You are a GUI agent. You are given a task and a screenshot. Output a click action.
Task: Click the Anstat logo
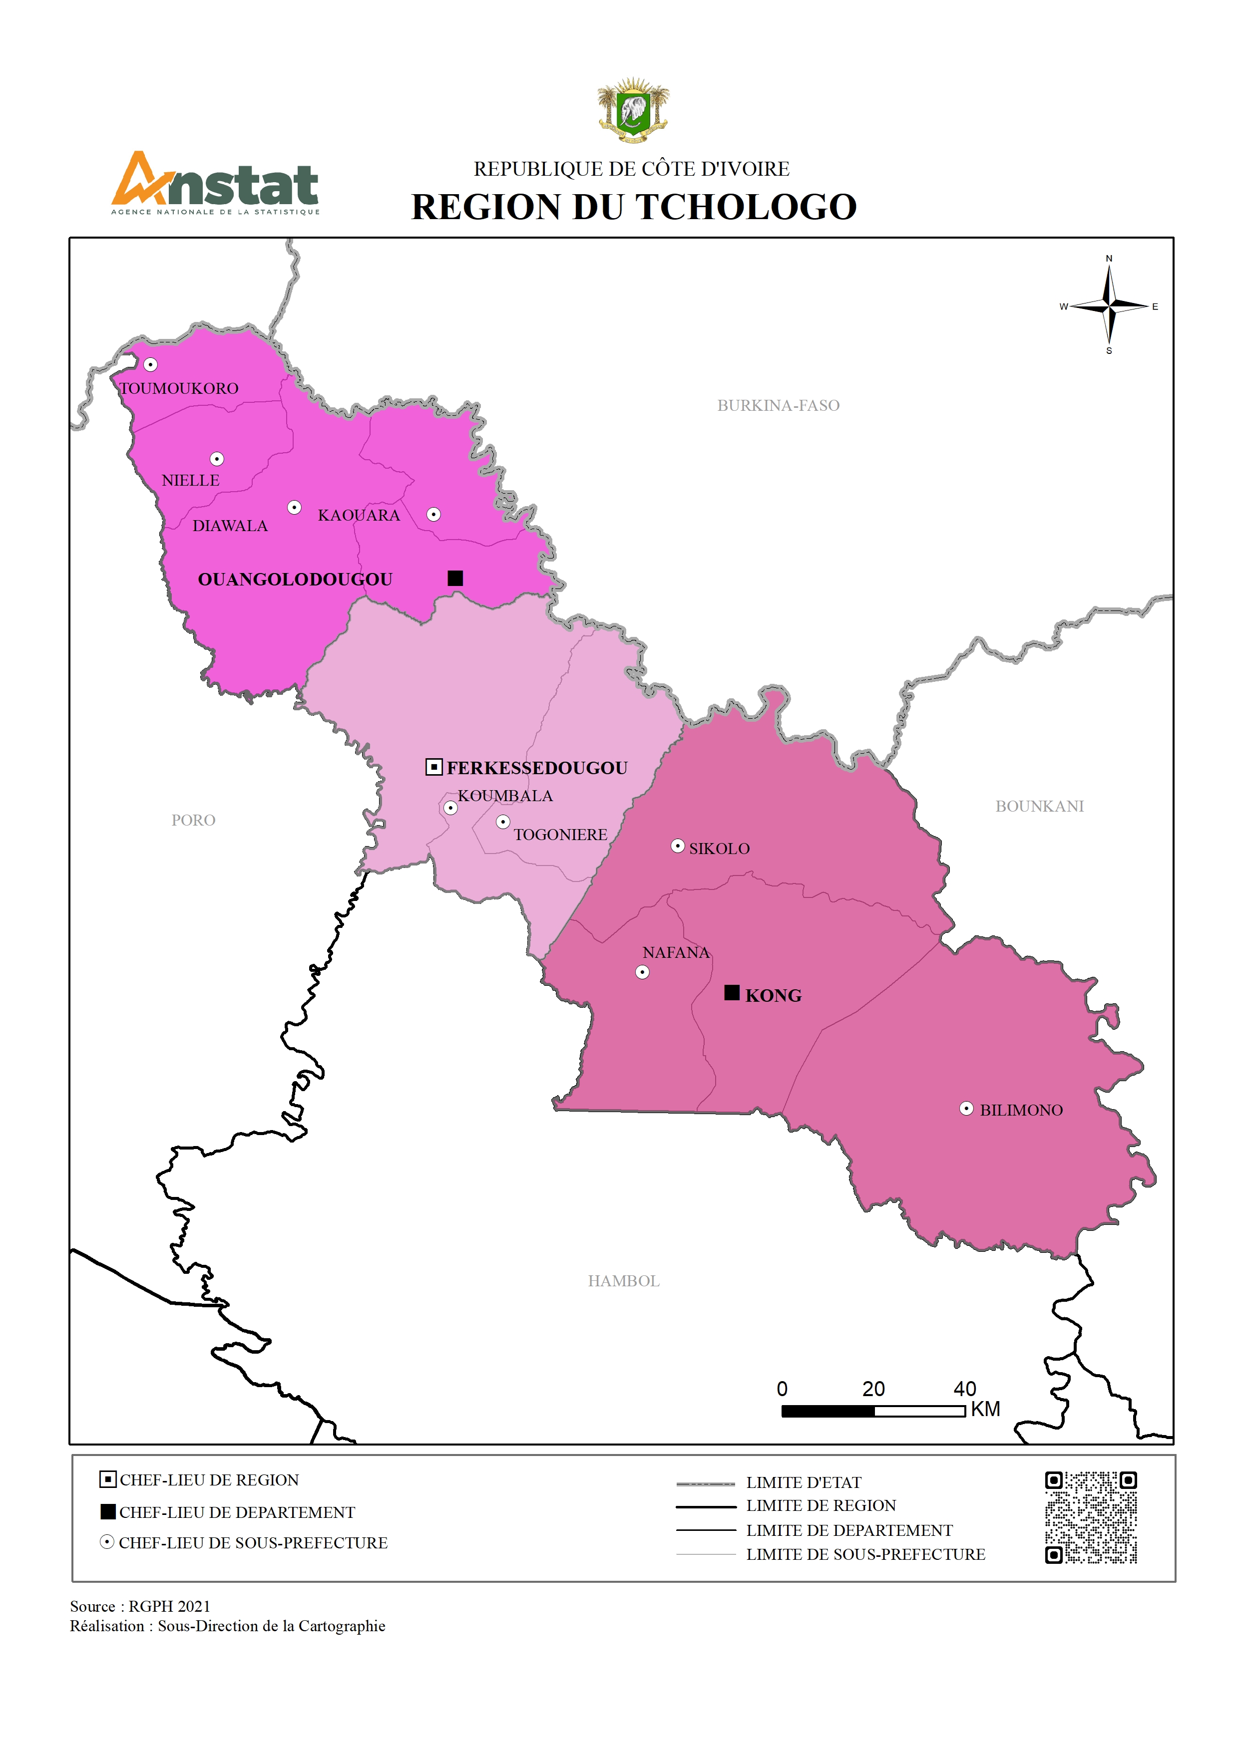[x=215, y=184]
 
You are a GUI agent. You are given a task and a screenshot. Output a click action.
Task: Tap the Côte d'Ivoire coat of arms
[x=633, y=111]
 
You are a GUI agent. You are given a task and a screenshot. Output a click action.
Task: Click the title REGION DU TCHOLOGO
[x=634, y=207]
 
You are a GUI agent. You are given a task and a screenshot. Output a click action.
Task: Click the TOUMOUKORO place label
[x=179, y=388]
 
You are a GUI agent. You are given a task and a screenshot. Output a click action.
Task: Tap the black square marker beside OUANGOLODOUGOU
[x=455, y=578]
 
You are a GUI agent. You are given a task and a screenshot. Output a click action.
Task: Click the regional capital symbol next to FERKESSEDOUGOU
[x=433, y=767]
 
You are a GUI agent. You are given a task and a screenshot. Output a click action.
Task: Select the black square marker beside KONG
[x=732, y=992]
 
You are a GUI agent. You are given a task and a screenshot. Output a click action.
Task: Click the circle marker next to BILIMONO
[x=966, y=1108]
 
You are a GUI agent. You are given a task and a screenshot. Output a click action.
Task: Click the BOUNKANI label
[x=1039, y=806]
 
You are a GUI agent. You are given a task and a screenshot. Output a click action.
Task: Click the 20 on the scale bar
[x=873, y=1389]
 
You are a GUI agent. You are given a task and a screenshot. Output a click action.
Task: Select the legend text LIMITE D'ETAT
[x=804, y=1482]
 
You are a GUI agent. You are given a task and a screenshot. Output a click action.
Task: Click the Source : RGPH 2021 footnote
[x=140, y=1606]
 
